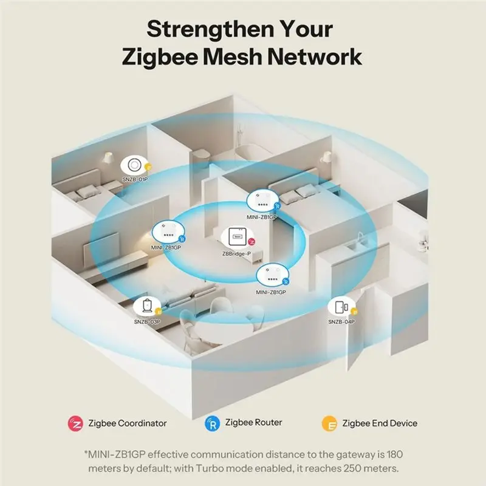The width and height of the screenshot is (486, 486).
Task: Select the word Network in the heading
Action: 315,56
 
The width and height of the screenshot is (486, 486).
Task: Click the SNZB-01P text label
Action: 135,179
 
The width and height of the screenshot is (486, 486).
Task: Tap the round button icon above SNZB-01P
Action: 134,165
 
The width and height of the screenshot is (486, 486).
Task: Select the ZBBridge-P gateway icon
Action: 238,237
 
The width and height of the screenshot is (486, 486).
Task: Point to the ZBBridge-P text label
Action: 236,254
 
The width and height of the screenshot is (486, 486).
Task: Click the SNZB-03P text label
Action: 147,322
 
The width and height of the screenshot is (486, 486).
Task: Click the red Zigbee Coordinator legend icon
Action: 75,423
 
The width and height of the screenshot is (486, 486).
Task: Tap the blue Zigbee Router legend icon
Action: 212,423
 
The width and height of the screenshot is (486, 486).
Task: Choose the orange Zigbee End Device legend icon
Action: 329,423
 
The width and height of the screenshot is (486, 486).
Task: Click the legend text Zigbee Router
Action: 253,422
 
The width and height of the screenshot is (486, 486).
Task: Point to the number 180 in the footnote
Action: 395,454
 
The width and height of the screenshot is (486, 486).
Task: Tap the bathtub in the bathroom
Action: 250,152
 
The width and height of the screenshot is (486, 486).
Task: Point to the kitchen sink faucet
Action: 360,238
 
